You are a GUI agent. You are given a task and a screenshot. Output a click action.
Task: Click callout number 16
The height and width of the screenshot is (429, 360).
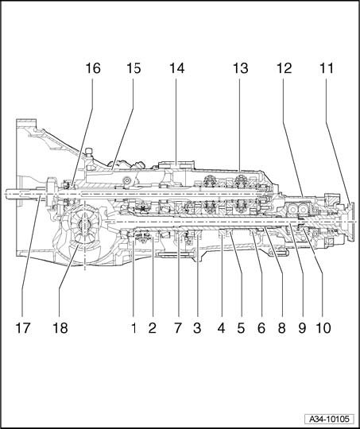pos(93,68)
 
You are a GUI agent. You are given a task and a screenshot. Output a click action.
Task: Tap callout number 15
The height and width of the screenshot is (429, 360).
pos(134,68)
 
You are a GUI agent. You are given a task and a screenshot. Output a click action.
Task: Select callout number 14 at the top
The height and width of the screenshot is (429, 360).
pos(177,68)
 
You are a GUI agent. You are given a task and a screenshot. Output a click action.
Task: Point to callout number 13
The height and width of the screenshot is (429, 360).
pos(240,68)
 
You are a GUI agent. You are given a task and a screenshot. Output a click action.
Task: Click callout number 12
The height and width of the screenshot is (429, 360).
pos(285,68)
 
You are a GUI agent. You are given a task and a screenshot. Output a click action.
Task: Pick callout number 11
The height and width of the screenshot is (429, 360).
pos(327,68)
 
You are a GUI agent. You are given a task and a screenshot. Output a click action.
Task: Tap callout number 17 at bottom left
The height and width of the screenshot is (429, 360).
pos(23,328)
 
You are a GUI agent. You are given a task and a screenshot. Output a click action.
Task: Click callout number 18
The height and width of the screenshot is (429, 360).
pos(60,328)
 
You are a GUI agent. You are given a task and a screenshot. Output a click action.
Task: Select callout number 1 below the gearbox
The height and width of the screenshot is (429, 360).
pos(134,328)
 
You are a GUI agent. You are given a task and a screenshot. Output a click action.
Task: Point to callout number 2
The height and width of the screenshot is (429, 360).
pos(153,328)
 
